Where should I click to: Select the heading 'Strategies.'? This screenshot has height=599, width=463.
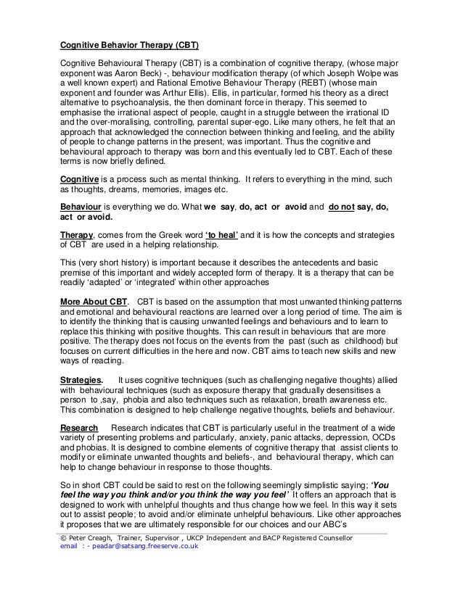pos(81,379)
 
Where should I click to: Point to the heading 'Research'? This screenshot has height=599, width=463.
pos(79,428)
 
